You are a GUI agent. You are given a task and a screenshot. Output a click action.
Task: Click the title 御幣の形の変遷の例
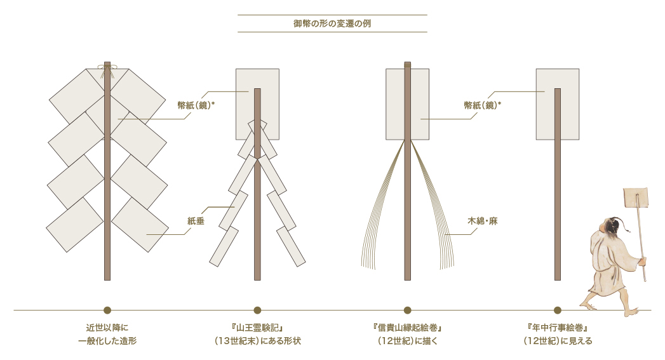coord(332,23)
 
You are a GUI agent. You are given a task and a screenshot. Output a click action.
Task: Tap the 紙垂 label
coord(196,221)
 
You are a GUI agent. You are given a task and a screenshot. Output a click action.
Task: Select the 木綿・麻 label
coord(483,221)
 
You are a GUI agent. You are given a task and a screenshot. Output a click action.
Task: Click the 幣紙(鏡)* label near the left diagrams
coord(196,105)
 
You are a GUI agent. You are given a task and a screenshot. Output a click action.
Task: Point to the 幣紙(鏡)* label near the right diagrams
coord(483,105)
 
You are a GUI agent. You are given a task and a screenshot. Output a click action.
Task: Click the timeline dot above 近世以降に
coord(107,310)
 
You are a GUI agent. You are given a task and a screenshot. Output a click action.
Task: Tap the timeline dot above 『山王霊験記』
coord(257,310)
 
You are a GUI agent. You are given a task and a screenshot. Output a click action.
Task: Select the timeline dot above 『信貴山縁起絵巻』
coord(408,310)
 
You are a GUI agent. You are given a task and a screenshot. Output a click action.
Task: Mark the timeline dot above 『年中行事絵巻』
coord(558,310)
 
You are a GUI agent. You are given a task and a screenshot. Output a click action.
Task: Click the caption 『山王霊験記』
coord(257,328)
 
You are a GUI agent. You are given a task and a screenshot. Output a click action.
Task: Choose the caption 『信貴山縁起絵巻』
coord(408,328)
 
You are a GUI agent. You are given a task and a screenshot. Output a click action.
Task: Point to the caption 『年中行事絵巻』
coord(558,328)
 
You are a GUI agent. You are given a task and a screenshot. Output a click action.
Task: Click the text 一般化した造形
coord(107,341)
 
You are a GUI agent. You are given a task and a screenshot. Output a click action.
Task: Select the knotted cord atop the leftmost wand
coord(107,71)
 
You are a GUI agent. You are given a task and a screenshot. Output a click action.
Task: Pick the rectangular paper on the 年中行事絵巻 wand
coord(558,104)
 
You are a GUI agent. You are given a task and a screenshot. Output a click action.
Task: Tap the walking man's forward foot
coord(631,312)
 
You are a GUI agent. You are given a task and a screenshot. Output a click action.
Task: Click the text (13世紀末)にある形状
coord(257,341)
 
